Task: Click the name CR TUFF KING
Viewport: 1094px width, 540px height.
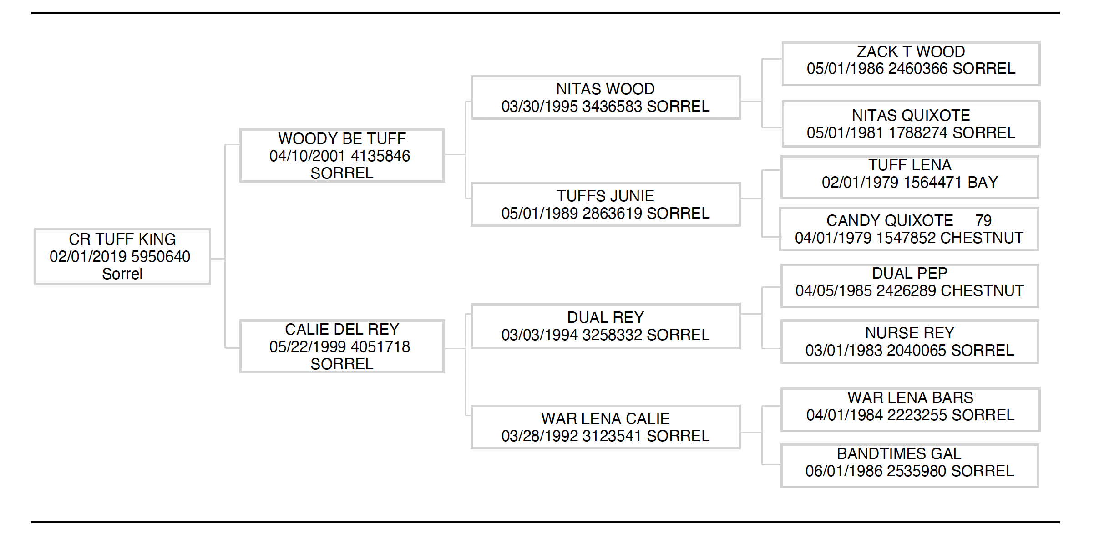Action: coord(122,239)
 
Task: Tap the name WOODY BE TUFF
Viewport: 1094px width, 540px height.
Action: coord(342,138)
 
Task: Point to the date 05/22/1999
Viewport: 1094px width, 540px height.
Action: coord(308,347)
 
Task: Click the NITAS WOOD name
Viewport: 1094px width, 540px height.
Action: coord(605,89)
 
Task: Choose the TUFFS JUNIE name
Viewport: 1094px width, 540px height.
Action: coord(605,196)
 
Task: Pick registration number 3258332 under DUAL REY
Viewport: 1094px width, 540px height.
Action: coord(612,335)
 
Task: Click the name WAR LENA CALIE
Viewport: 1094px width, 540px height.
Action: coord(605,418)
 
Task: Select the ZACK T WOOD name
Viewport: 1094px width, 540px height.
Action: coord(911,51)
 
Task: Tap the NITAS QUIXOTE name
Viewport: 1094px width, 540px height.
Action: coord(911,115)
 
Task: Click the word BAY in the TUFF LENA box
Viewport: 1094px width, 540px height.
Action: coord(983,183)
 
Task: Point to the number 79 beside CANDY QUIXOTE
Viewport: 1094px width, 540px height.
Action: coord(983,221)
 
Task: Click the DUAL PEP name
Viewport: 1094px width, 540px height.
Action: coord(910,273)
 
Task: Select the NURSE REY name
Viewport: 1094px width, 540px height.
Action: coord(910,333)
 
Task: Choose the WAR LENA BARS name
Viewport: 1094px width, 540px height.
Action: coord(910,397)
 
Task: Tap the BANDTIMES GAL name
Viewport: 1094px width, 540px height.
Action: coord(899,453)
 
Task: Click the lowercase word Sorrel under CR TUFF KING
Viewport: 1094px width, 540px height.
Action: coord(122,274)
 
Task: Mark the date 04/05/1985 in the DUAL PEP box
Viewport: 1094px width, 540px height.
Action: coord(834,291)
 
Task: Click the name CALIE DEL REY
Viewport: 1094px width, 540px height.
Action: coord(342,329)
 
